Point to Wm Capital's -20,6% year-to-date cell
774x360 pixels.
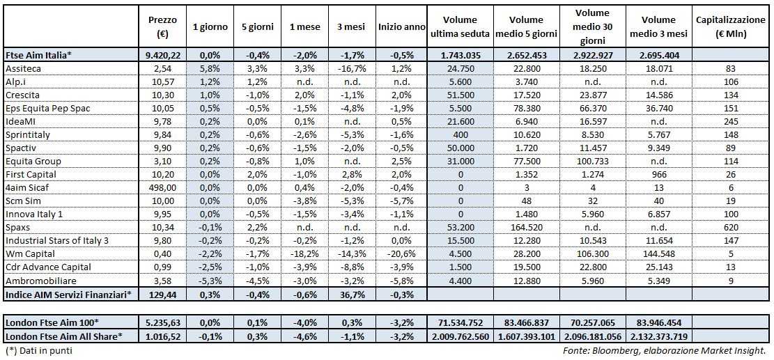click(x=401, y=253)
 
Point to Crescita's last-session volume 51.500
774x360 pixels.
click(x=458, y=95)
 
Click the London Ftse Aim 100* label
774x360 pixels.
click(x=52, y=322)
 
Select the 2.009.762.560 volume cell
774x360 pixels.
click(x=458, y=336)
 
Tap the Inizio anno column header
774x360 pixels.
click(x=401, y=26)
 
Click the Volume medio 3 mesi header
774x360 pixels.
click(x=658, y=26)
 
